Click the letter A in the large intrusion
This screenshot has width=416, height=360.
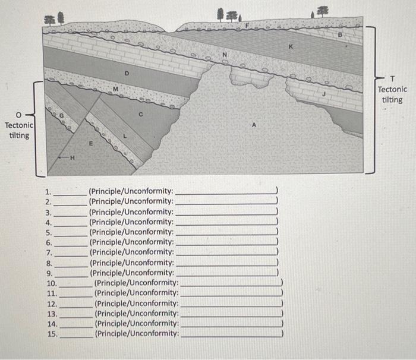point(254,125)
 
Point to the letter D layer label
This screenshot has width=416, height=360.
point(125,74)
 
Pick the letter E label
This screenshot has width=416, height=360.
point(90,143)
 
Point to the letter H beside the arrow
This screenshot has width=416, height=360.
point(73,157)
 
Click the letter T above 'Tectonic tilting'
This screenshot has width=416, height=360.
point(392,78)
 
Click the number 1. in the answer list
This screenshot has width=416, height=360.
point(49,191)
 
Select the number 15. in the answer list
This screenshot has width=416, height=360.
point(52,334)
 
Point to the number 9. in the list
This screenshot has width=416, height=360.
point(49,273)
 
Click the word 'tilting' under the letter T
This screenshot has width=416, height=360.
point(392,99)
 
